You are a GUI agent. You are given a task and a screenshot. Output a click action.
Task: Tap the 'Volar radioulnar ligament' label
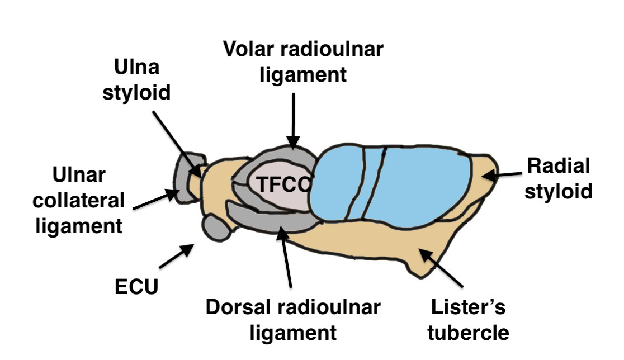[x=304, y=61]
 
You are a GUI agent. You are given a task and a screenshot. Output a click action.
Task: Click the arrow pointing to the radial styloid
[x=500, y=176]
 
